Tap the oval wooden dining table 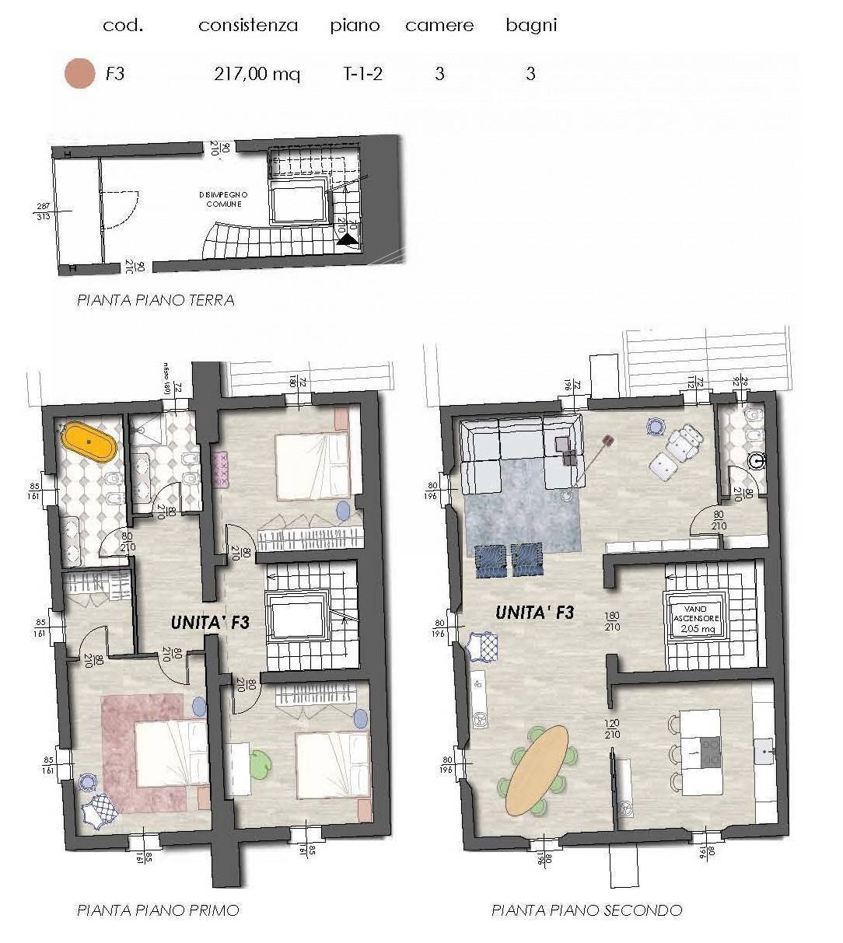[536, 769]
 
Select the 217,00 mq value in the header [257, 74]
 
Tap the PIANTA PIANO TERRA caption [156, 300]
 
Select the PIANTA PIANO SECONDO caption [586, 910]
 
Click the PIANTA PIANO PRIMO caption [158, 910]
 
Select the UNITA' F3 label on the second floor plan [534, 613]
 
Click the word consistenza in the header [248, 25]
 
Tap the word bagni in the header [531, 25]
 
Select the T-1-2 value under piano [362, 74]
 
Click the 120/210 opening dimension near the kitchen [612, 728]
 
